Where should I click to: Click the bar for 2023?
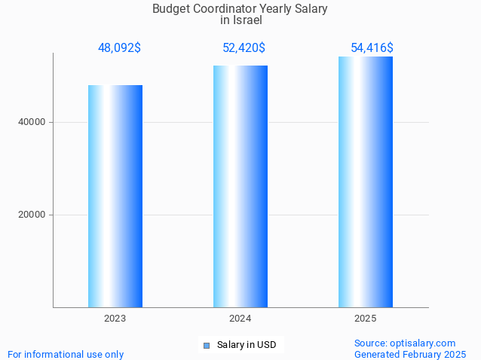tap(115, 196)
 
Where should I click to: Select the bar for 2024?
tap(240, 186)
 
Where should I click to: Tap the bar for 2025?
tap(366, 182)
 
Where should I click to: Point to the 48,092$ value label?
tap(119, 48)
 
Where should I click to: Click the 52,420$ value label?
tap(244, 48)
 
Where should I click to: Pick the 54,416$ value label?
tap(372, 48)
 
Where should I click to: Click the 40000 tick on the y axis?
tap(32, 122)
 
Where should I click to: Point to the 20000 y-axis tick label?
tap(32, 215)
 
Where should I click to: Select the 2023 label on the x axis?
tap(115, 319)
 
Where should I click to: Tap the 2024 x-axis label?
tap(240, 319)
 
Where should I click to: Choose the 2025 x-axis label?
tap(366, 319)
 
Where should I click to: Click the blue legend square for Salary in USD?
tap(207, 346)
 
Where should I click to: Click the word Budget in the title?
tap(170, 9)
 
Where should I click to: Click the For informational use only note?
tap(66, 354)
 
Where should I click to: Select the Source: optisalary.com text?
tap(405, 343)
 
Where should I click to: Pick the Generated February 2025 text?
tap(410, 354)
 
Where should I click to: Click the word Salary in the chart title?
tap(311, 9)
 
